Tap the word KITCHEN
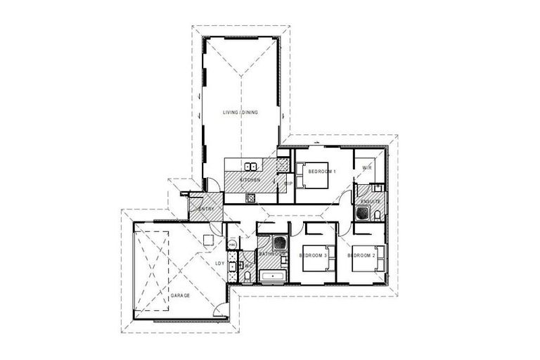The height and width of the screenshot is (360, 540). (250, 181)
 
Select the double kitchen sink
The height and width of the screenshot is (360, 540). (250, 167)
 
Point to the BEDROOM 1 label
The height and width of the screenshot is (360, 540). (322, 172)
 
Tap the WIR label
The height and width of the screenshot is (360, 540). (366, 167)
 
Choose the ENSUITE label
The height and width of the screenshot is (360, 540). (371, 202)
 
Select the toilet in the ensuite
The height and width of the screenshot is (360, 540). (377, 188)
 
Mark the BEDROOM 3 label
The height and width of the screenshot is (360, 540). (314, 255)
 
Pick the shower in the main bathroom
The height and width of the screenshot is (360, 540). (279, 243)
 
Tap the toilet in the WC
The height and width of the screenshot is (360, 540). (248, 274)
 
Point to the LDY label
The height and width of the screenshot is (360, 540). (219, 264)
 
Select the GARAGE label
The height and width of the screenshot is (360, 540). (180, 296)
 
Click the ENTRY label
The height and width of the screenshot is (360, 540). (206, 209)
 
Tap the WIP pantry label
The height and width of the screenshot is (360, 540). (288, 184)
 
